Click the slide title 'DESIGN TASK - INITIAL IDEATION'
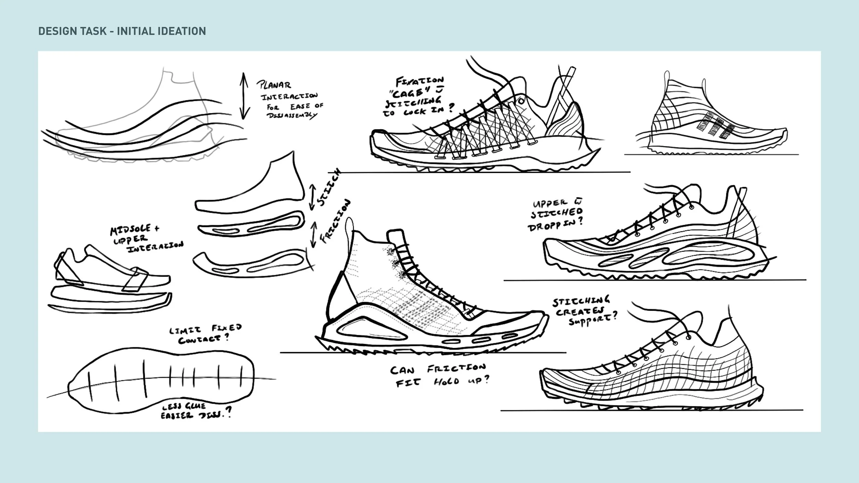122,31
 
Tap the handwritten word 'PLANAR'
274,85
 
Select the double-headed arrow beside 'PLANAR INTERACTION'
244,96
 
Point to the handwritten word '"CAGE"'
412,92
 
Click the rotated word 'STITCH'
329,188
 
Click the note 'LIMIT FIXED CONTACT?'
205,334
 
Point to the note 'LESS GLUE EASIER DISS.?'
196,411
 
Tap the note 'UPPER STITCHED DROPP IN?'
557,216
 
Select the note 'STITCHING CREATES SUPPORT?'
584,311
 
